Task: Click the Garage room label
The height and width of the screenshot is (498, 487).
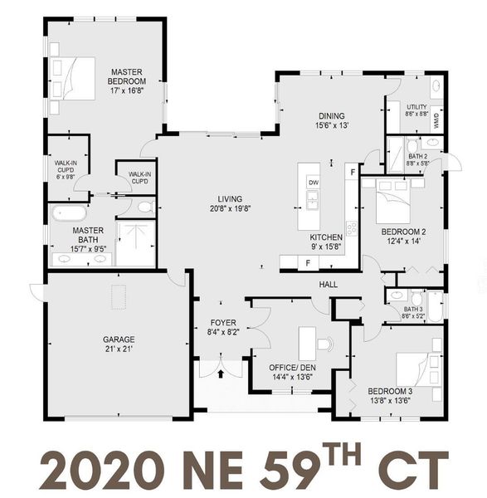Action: [119, 339]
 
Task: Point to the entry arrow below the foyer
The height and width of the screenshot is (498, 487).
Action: [221, 374]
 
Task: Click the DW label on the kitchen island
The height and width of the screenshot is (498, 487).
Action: [313, 182]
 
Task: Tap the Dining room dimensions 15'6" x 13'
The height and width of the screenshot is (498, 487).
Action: [332, 125]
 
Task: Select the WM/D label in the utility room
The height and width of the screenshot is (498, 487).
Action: [436, 117]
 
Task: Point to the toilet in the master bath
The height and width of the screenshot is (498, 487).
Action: [144, 207]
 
